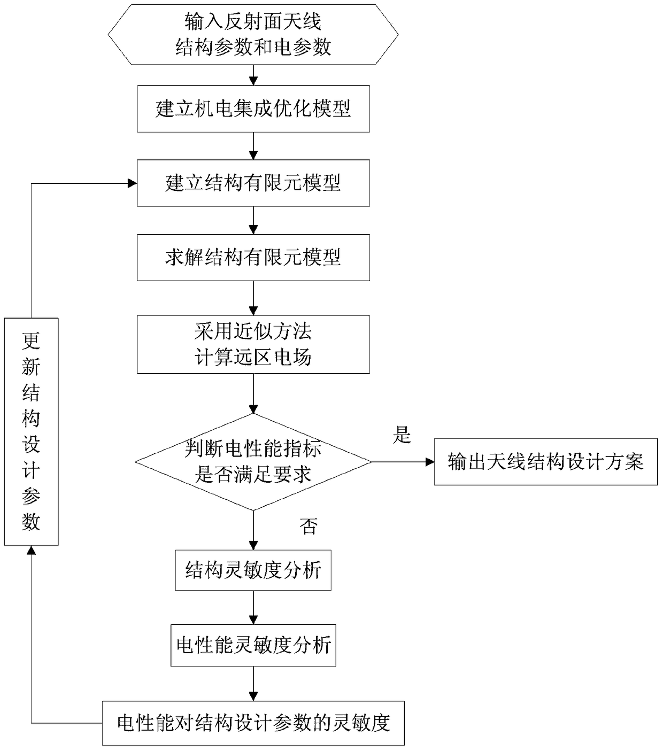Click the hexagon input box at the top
[x=253, y=34]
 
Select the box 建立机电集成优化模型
[x=253, y=109]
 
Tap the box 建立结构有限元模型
[x=253, y=183]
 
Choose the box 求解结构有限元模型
[x=253, y=257]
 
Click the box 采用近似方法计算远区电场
[x=253, y=344]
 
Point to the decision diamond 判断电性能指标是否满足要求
[x=253, y=461]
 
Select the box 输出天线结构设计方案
[x=545, y=461]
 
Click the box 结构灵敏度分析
[x=253, y=570]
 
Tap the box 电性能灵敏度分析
[x=253, y=645]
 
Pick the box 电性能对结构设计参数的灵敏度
[x=253, y=723]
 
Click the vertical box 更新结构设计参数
[x=31, y=431]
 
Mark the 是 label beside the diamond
[x=402, y=435]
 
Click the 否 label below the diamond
[x=309, y=527]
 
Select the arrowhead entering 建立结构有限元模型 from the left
[x=132, y=183]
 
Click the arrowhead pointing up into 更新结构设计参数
[x=31, y=550]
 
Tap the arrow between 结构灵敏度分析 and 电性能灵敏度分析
[x=253, y=607]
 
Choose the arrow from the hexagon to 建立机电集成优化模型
[x=253, y=75]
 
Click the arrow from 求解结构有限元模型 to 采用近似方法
[x=253, y=298]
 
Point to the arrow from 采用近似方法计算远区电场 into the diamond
[x=253, y=393]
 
